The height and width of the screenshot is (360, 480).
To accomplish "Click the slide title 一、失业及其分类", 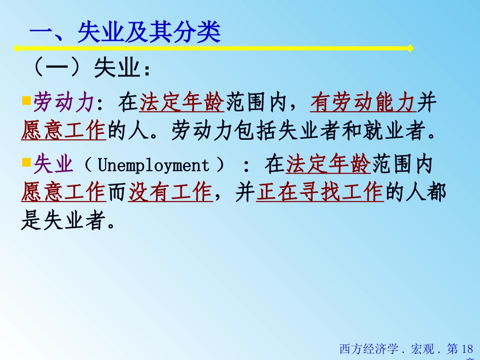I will (125, 33).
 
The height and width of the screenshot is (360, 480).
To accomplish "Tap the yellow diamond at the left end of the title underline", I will (17, 48).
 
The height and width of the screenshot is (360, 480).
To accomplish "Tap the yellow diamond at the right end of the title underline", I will (410, 48).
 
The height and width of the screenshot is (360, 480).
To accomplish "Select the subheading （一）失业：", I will (91, 70).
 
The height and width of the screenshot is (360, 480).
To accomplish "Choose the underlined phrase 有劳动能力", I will (363, 104).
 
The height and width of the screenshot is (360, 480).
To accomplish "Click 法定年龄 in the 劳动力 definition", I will (182, 104).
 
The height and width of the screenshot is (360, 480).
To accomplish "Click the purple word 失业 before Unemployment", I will (53, 165).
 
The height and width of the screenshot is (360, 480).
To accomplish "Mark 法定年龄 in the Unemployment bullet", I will (328, 165).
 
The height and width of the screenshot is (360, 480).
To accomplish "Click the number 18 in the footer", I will (467, 349).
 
